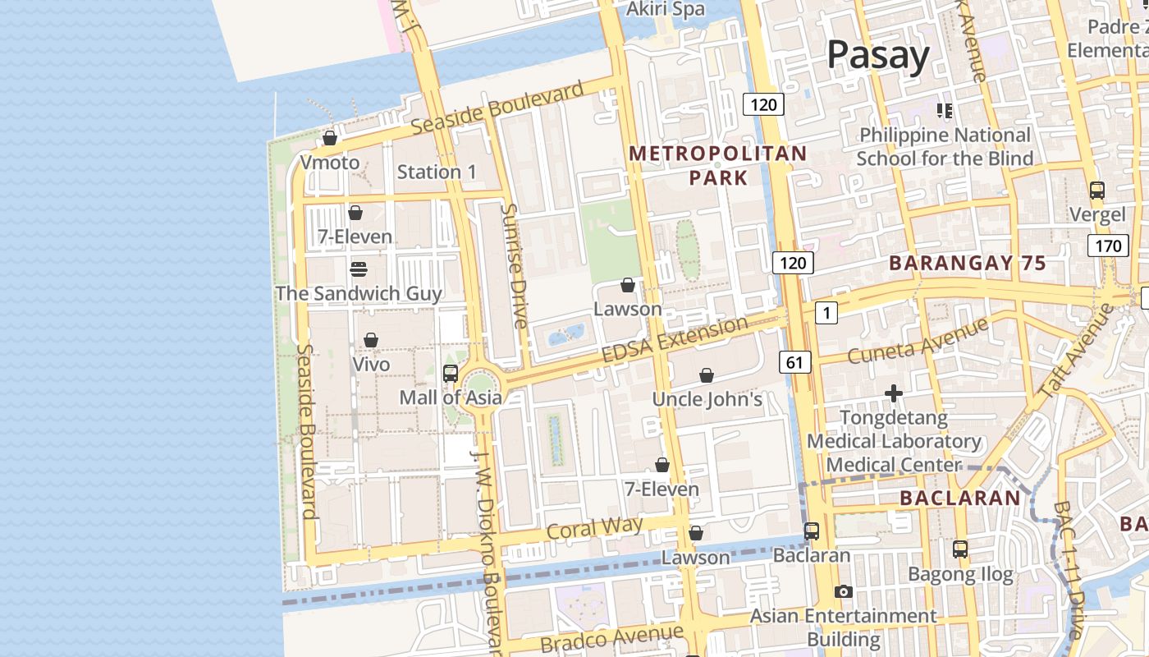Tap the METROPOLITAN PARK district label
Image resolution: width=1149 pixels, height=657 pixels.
[x=718, y=165]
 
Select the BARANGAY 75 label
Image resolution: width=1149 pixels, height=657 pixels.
[x=968, y=264]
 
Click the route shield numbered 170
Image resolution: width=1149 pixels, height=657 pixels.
[x=1107, y=245]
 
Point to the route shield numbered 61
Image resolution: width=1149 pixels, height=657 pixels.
[x=794, y=362]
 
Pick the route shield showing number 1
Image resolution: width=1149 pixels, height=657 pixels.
[x=826, y=312]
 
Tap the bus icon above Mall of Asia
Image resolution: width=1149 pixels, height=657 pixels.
[x=450, y=374]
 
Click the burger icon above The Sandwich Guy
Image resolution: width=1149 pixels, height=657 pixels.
[x=358, y=269]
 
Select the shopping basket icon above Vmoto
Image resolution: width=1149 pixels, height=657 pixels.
[x=330, y=138]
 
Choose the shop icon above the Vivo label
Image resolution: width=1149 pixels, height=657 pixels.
[x=371, y=340]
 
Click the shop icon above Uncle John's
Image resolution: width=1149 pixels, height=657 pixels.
[x=707, y=376]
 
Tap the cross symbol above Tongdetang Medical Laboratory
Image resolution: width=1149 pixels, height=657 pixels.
[x=894, y=394]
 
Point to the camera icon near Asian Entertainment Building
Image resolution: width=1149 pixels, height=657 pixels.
[x=843, y=591]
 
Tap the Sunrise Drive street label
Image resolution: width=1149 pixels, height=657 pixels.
[x=514, y=266]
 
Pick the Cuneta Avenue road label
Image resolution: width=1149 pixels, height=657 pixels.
[x=918, y=342]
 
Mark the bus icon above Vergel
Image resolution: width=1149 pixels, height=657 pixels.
[x=1097, y=191]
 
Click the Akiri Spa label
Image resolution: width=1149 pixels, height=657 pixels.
[x=665, y=9]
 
